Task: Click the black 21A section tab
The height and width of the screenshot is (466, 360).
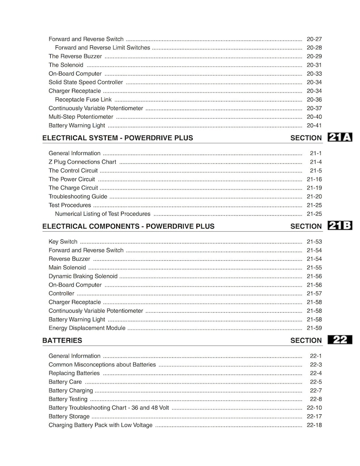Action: coord(339,138)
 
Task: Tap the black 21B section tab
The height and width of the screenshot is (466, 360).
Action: coord(339,226)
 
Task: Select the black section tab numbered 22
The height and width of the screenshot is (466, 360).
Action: coord(339,340)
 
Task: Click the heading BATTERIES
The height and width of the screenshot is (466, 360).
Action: coord(62,340)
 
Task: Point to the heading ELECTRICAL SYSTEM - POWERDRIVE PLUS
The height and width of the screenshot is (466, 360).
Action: coord(117,138)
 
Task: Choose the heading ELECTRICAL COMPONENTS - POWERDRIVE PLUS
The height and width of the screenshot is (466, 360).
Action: coord(128,226)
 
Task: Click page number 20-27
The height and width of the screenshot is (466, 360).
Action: coord(314,39)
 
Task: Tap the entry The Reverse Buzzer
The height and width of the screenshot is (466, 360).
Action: coord(75,56)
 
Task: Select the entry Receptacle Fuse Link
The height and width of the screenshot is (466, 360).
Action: coord(83,100)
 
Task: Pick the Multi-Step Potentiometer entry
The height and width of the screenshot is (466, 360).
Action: coord(81,117)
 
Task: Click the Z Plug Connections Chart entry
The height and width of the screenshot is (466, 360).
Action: coord(82,162)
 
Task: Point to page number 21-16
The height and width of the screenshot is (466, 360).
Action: coord(314,179)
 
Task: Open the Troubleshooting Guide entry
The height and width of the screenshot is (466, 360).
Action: coord(78,196)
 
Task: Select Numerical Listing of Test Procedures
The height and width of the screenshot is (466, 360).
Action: coord(102,214)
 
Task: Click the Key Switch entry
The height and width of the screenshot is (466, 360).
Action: coord(63,242)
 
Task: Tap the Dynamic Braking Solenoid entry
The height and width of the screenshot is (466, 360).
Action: coord(83,276)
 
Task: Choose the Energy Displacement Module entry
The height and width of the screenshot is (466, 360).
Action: coord(87,328)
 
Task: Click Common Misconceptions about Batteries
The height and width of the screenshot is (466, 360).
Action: coord(102,364)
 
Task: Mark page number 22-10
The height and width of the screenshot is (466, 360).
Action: coord(314,408)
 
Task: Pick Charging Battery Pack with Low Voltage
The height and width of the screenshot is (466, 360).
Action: coord(101,425)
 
